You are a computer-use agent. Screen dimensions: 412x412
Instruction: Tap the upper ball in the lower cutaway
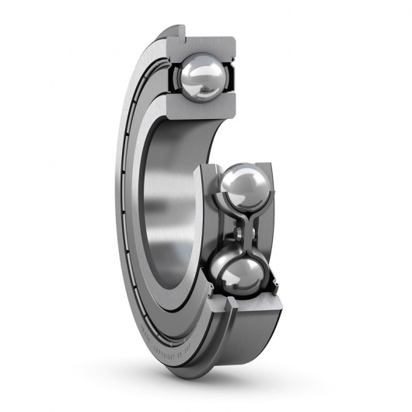[246, 187]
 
